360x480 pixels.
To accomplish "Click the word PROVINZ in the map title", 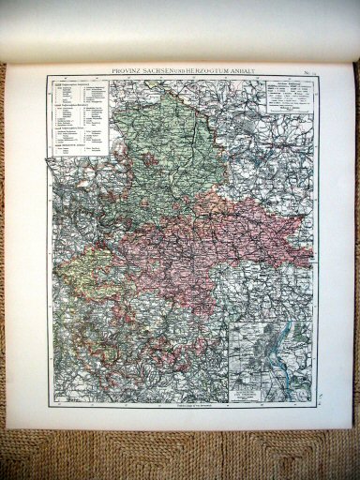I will (129, 72).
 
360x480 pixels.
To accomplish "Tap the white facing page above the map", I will (178, 28).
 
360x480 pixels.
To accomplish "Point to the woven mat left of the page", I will (13, 281).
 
